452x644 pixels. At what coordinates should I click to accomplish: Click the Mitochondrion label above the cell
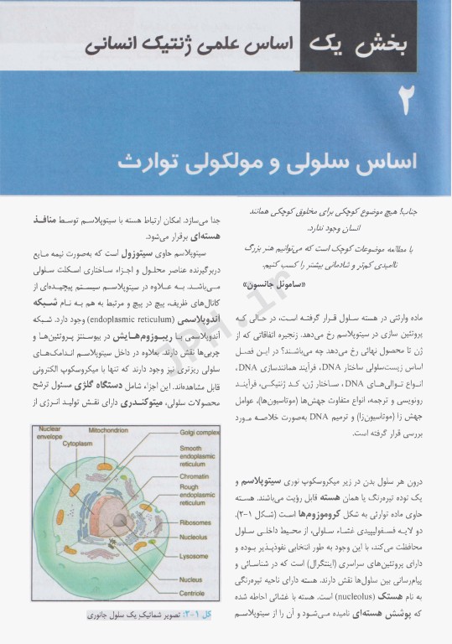click(108, 429)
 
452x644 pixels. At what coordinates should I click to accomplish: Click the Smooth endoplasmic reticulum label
click(199, 458)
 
